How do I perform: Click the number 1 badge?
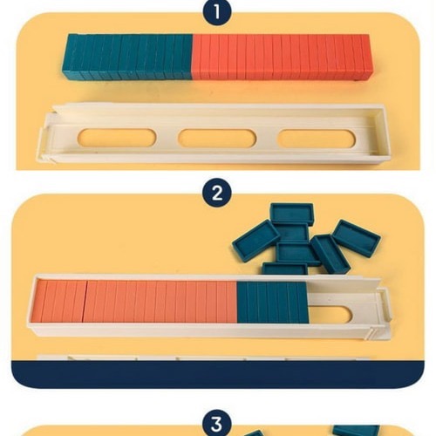click(x=217, y=12)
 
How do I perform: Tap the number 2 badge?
click(x=217, y=194)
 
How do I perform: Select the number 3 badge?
click(x=217, y=425)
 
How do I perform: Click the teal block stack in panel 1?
click(x=127, y=57)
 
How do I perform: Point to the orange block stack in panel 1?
click(x=282, y=57)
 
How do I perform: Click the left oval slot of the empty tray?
click(x=117, y=138)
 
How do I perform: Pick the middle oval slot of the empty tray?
click(x=217, y=138)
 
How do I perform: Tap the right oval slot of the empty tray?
click(x=317, y=139)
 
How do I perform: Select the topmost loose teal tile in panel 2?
click(x=292, y=214)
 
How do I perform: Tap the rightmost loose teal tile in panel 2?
click(x=356, y=238)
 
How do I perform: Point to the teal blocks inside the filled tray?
click(x=272, y=303)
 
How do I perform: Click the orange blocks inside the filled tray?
click(x=134, y=302)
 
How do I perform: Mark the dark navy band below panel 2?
click(x=217, y=374)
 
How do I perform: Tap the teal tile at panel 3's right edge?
click(x=356, y=431)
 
